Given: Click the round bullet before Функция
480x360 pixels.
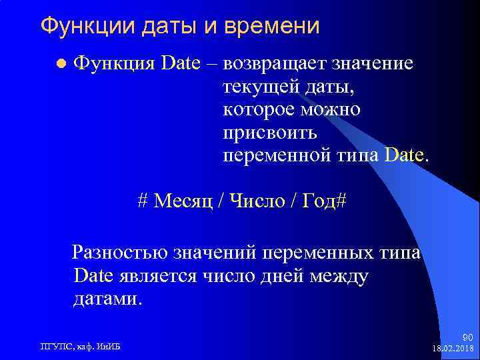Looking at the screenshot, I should click(61, 65).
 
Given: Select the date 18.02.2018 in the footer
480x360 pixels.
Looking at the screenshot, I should click(454, 349).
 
